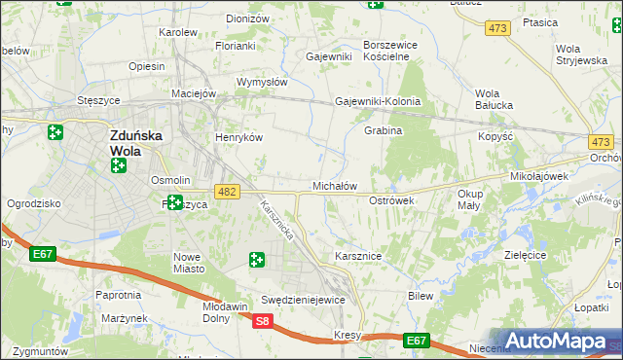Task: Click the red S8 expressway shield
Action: point(262,320)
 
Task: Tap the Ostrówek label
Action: point(392,199)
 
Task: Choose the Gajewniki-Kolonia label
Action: point(378,101)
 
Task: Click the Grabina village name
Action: point(383,130)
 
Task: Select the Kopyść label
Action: point(495,137)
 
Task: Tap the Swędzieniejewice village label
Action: point(303,300)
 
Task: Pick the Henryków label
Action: point(239,138)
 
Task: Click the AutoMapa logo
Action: point(556,342)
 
